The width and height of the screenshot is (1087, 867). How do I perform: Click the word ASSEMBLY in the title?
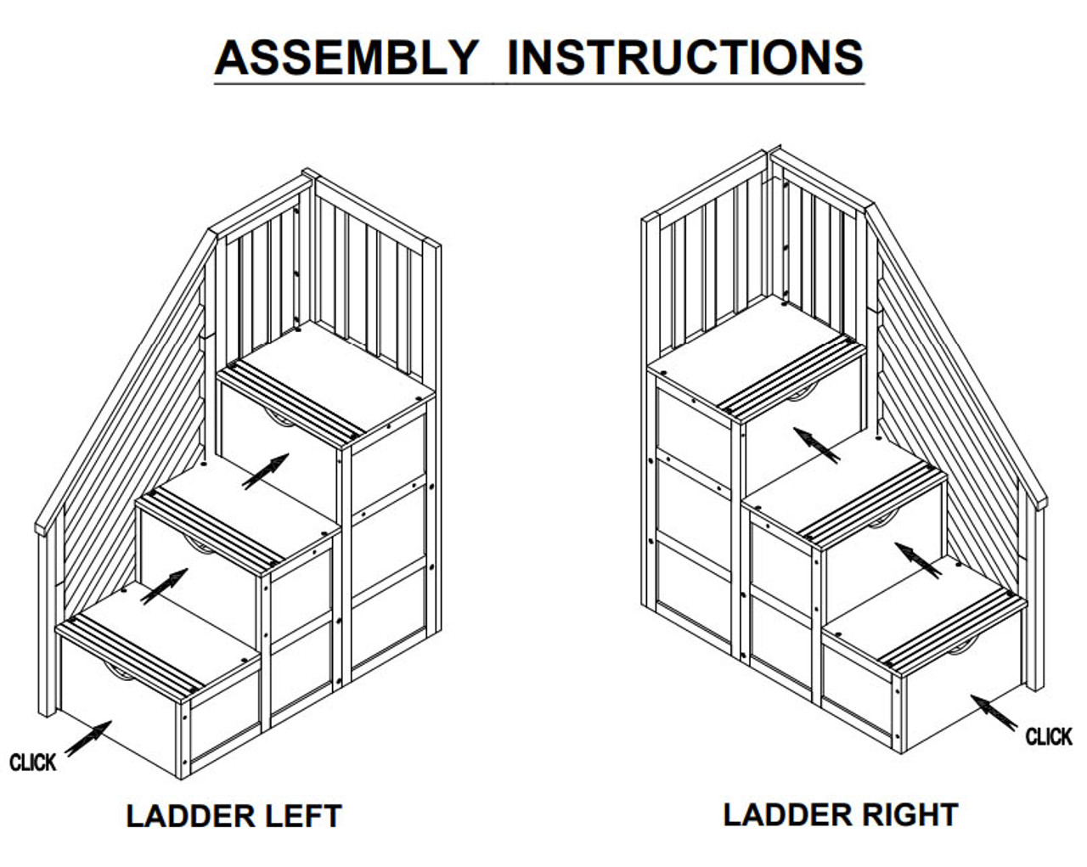347,58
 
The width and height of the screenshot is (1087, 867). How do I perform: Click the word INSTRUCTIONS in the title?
684,58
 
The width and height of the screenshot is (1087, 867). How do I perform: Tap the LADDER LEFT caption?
234,816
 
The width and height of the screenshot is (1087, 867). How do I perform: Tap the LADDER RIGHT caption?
840,814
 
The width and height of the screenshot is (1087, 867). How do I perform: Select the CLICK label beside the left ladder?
32,762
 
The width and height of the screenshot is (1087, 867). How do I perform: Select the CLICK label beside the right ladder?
1049,736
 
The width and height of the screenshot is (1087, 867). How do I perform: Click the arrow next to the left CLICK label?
88,738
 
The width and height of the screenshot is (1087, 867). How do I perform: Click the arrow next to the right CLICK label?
994,712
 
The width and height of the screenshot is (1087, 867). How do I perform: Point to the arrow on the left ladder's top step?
265,471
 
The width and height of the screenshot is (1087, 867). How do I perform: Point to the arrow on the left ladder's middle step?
164,587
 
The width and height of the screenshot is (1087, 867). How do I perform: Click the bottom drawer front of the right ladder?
960,692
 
